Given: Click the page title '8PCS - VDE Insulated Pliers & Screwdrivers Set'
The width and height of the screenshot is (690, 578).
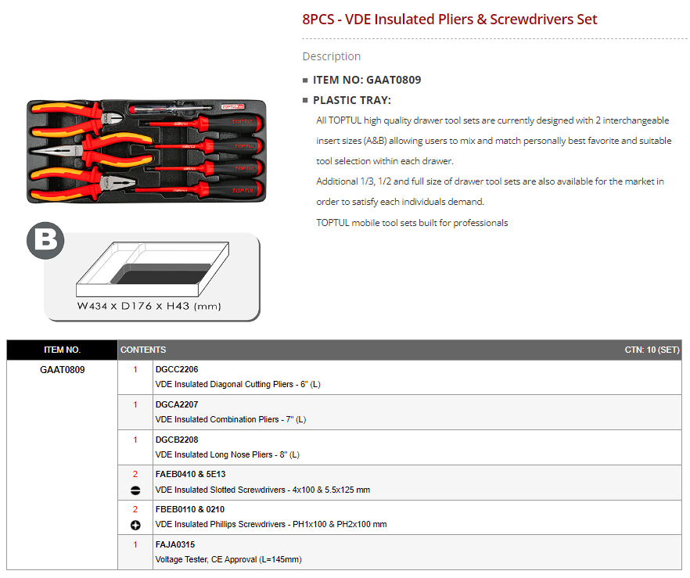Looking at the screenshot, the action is coord(449,20).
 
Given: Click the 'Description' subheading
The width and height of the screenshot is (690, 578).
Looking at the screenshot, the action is coord(332,56).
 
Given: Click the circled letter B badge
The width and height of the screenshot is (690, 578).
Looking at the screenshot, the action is coord(45,241).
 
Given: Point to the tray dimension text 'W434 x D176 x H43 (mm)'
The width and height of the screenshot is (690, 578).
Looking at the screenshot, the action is coord(149,306).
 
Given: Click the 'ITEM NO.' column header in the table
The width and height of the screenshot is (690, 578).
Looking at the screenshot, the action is coord(62,350).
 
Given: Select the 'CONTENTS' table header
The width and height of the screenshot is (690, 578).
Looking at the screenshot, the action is coord(143,350).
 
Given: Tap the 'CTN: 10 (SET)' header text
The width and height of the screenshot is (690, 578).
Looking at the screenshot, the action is coord(652,350).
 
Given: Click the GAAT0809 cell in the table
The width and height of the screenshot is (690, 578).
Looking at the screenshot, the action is coord(62,369).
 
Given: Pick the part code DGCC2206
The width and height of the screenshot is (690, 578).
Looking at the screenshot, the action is coord(177,369).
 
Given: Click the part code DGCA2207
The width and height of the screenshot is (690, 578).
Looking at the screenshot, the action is coord(177,404).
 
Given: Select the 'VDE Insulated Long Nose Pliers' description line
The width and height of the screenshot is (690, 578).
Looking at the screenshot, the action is coord(228,454).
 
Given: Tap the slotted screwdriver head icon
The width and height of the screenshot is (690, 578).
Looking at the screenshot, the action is coord(135,490).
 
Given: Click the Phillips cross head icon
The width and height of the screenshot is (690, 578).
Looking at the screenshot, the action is coord(135,525).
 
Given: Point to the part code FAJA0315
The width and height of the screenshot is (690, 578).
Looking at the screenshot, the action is coord(175,544).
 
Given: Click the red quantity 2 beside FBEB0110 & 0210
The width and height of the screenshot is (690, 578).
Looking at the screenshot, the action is coord(135,509).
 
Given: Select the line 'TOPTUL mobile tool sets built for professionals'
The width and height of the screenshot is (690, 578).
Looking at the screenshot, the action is coord(411,223).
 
